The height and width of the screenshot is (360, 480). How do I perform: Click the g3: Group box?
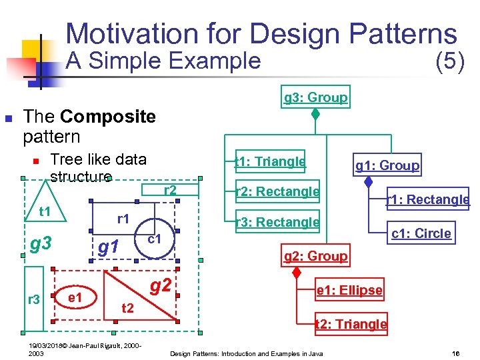click(x=315, y=97)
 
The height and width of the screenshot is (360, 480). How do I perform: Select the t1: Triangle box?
click(x=270, y=161)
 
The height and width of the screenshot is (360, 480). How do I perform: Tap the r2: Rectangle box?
click(x=277, y=192)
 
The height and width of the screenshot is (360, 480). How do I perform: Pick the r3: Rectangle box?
click(x=277, y=222)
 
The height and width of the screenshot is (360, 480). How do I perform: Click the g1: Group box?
click(x=387, y=165)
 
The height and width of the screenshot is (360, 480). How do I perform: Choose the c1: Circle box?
click(x=421, y=233)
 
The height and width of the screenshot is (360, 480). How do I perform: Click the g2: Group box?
click(x=315, y=256)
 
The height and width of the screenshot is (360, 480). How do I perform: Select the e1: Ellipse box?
click(x=349, y=291)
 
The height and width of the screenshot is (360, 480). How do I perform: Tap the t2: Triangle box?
click(x=351, y=324)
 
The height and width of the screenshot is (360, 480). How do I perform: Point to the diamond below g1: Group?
click(x=368, y=181)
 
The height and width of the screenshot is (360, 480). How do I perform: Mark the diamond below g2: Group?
click(x=298, y=272)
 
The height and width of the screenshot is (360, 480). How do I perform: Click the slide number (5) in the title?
click(x=449, y=61)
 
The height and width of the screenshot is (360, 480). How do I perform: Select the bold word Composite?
click(x=107, y=117)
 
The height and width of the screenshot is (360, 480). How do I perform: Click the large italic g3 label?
click(x=41, y=243)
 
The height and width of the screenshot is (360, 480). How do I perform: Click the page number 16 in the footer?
click(x=456, y=353)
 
